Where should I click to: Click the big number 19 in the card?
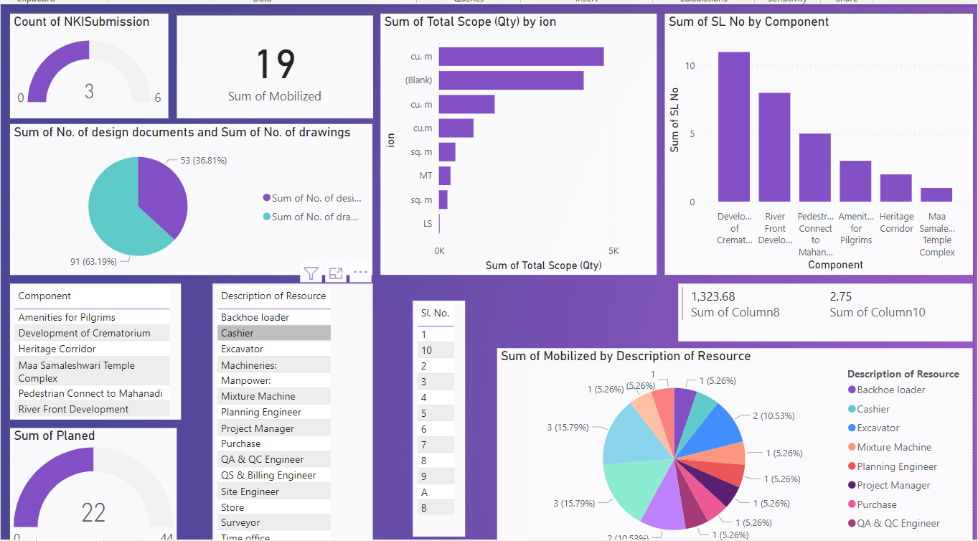275,64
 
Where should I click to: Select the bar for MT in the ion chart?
444,176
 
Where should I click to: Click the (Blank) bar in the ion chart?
511,80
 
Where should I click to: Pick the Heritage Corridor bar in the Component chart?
895,188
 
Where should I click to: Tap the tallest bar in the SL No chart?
733,127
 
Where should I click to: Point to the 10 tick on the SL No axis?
690,66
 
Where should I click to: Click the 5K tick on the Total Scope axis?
613,251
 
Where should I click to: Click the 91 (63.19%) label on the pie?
93,262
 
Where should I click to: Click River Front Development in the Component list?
73,409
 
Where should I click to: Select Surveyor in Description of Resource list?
240,522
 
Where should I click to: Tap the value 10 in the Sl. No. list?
427,350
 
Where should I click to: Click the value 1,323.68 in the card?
713,296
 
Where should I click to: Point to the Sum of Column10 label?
877,312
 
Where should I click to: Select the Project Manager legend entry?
893,485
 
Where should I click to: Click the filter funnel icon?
311,273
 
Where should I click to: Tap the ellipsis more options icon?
360,273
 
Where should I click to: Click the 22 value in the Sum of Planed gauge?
93,513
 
